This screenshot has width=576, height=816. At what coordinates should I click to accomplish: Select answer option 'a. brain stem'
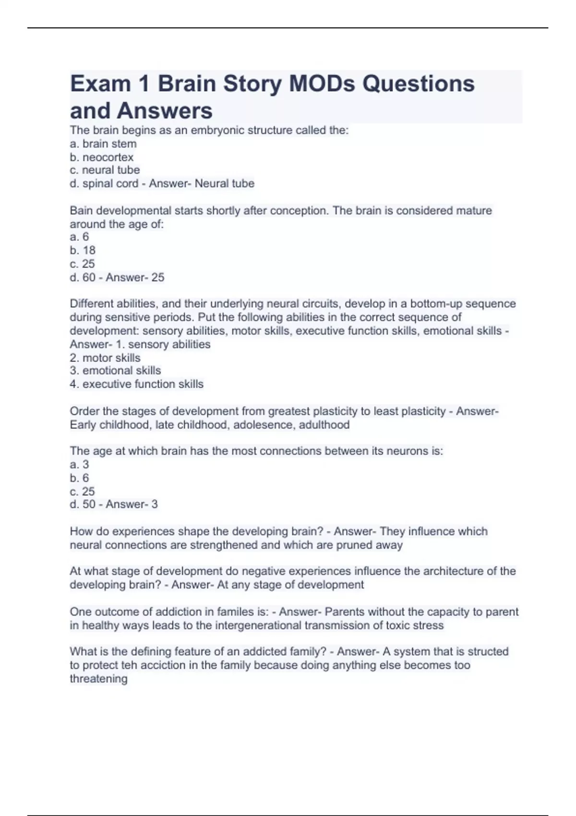tap(103, 144)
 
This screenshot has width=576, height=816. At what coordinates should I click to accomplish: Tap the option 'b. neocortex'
tap(102, 157)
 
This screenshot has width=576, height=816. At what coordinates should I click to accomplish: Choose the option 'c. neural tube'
tap(105, 170)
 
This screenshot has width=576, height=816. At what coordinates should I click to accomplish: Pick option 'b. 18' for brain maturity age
tap(83, 250)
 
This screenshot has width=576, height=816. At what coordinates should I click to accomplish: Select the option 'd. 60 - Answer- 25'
tap(117, 277)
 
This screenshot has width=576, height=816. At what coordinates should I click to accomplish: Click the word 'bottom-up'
tap(436, 303)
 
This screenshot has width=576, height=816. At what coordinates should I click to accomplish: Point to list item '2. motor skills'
tap(105, 358)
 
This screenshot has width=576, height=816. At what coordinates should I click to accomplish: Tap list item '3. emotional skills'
tap(115, 371)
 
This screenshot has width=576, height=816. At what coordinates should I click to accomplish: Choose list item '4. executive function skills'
tap(137, 384)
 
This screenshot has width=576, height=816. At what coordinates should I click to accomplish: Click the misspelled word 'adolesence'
tap(263, 425)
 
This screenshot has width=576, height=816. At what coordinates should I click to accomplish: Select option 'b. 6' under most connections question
tap(79, 478)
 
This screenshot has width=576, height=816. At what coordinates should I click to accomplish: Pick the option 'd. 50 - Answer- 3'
tap(114, 504)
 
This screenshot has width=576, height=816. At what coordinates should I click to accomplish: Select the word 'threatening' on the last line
tap(98, 679)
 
